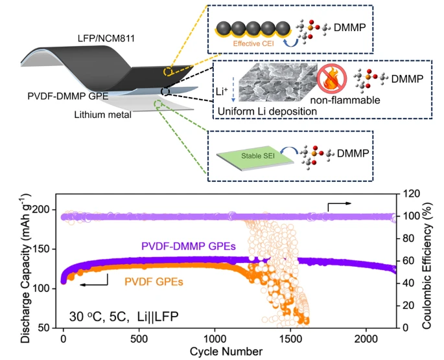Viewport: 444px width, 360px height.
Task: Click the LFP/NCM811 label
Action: [106, 38]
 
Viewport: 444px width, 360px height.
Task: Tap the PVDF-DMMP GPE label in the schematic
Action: [68, 96]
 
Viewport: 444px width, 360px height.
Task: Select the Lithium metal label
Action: [103, 115]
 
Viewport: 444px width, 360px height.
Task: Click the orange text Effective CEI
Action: [253, 43]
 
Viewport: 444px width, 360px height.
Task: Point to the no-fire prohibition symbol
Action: [332, 78]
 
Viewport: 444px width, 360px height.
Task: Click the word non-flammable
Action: [345, 100]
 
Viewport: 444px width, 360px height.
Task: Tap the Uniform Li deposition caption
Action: [267, 111]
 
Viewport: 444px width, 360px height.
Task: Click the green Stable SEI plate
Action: [255, 157]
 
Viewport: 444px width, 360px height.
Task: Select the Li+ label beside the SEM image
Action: [222, 91]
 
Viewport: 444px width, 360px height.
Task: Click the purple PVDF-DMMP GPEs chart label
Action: [189, 246]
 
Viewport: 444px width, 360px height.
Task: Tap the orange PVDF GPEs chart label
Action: [154, 282]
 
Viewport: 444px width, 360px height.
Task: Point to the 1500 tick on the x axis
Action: [290, 339]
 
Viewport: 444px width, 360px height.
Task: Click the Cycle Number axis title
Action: [226, 352]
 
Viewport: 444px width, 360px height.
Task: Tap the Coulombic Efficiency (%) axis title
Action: [427, 265]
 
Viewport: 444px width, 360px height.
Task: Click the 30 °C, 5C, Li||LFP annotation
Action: [124, 317]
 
